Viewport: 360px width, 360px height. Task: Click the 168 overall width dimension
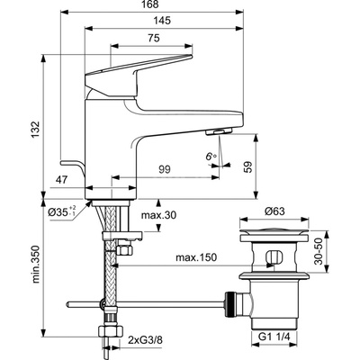tap(152, 4)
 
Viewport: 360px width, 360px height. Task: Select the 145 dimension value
tap(163, 21)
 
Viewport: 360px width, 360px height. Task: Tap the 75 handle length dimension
tap(154, 38)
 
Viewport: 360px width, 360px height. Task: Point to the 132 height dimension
tap(35, 130)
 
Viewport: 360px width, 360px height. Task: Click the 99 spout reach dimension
tap(164, 170)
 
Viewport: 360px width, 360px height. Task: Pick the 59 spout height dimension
tap(248, 168)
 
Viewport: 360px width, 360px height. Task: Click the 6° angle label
tap(211, 156)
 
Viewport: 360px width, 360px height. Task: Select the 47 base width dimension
tap(62, 180)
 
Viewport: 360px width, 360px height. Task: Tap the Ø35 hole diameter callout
tap(62, 211)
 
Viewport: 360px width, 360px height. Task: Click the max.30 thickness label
tap(158, 215)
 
